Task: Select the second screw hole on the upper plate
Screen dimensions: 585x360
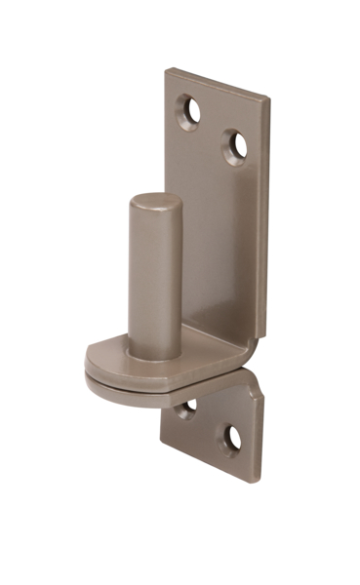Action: click(x=236, y=146)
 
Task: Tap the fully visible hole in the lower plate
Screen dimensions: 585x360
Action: click(x=232, y=439)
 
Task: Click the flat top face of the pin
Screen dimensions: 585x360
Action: click(x=155, y=203)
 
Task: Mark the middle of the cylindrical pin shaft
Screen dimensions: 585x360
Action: click(x=154, y=278)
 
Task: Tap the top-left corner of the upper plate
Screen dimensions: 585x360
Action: click(x=167, y=70)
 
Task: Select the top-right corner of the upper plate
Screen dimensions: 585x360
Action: click(x=267, y=97)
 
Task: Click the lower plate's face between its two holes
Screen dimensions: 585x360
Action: click(x=210, y=424)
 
